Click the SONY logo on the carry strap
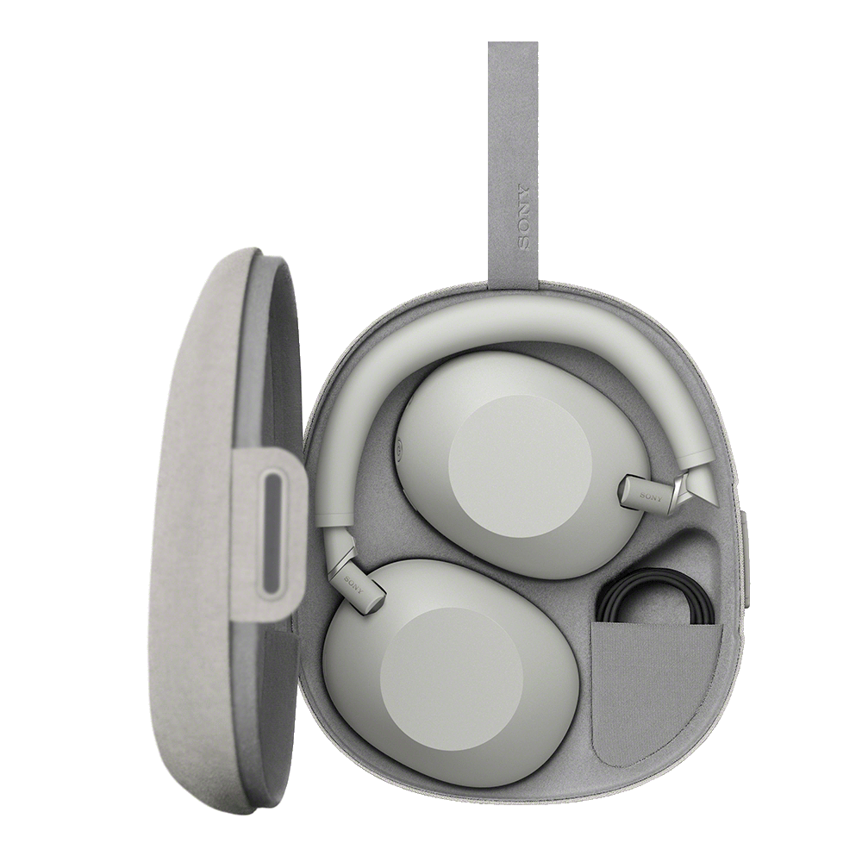click(523, 217)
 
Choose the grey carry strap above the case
click(513, 155)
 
